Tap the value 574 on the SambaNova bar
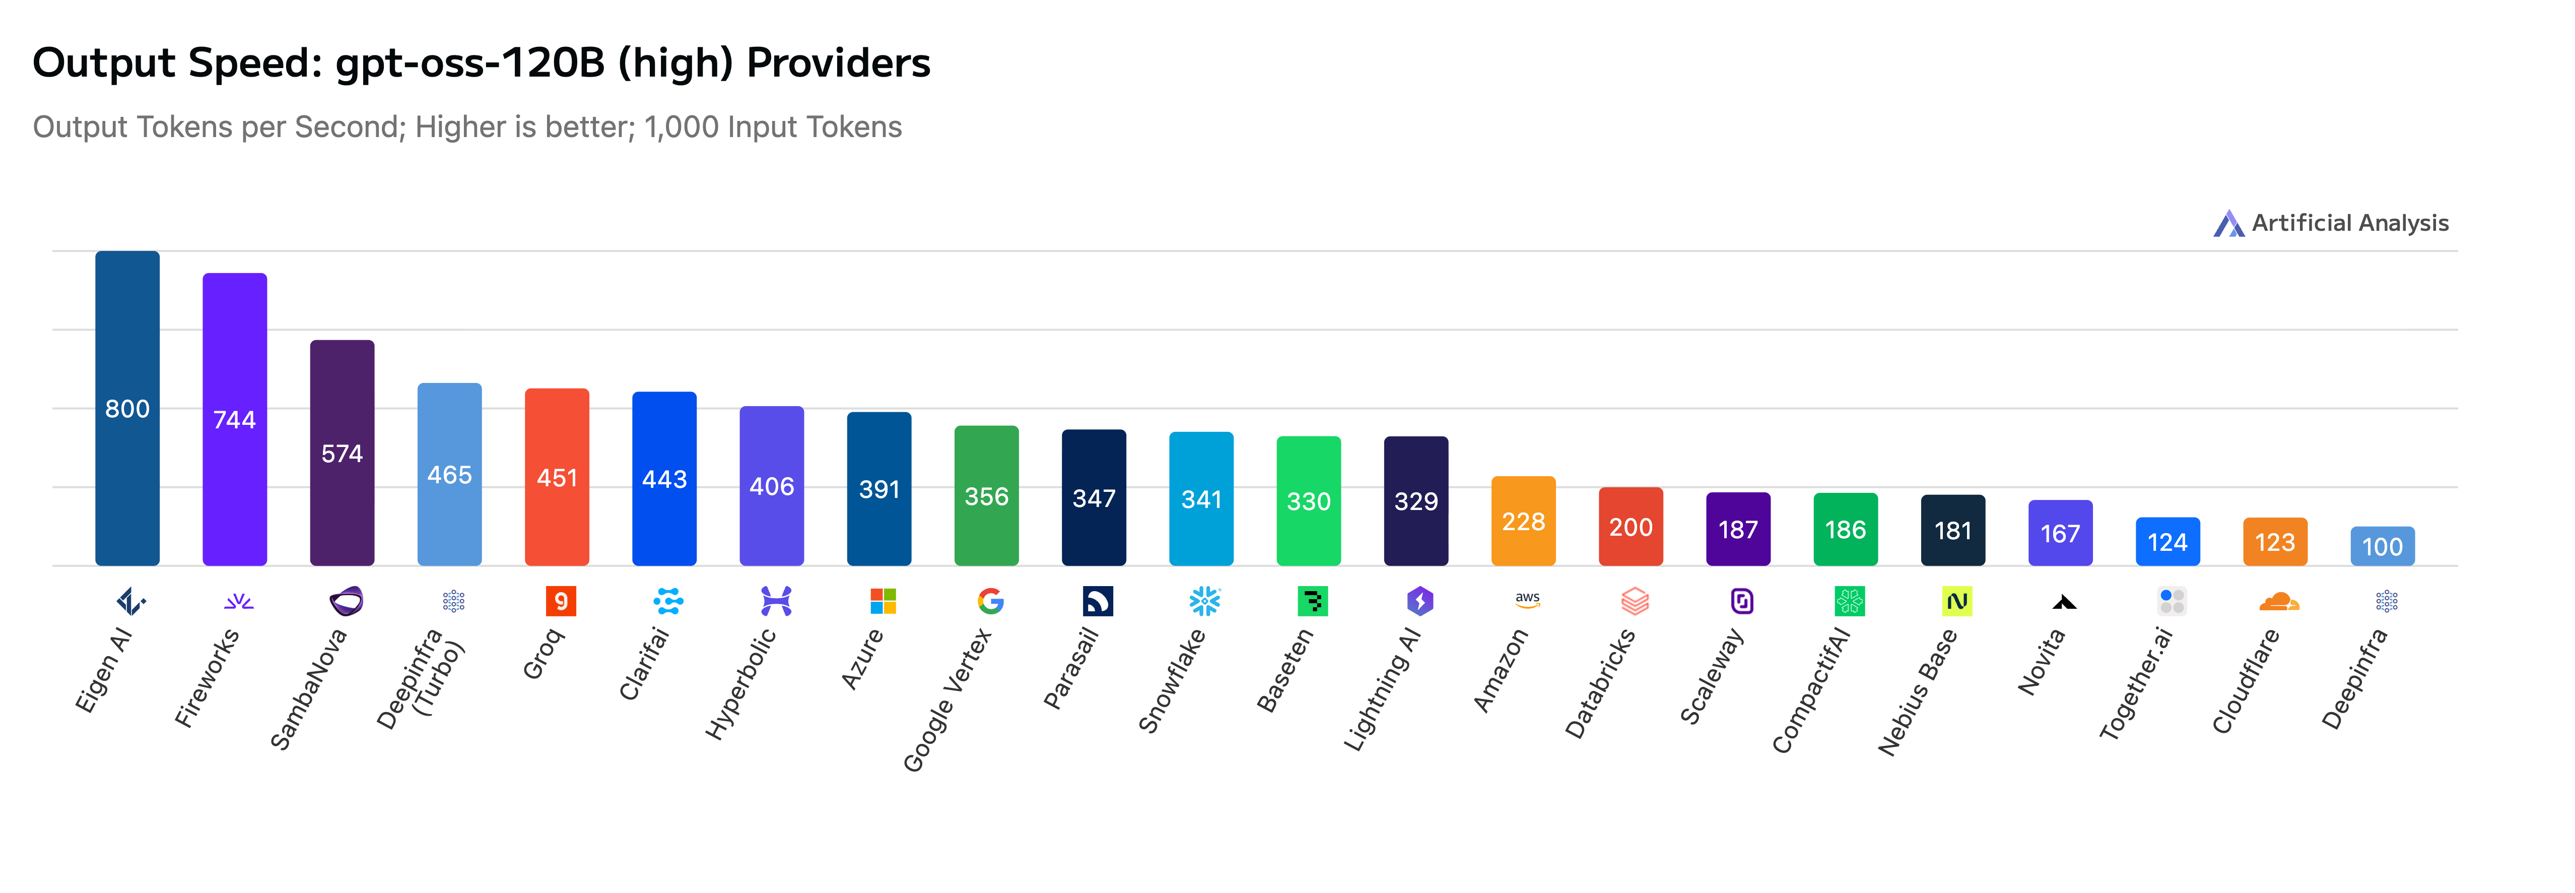pos(342,454)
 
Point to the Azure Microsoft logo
pos(883,601)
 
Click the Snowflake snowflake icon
pos(1204,601)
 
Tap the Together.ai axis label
pos(2136,684)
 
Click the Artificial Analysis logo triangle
pos(2228,224)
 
